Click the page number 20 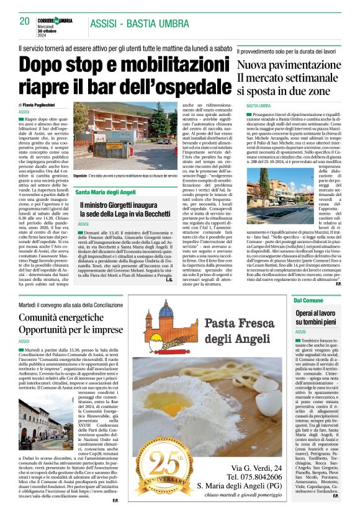[25, 21]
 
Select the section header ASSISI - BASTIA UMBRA [139, 24]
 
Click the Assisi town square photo [42, 424]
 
